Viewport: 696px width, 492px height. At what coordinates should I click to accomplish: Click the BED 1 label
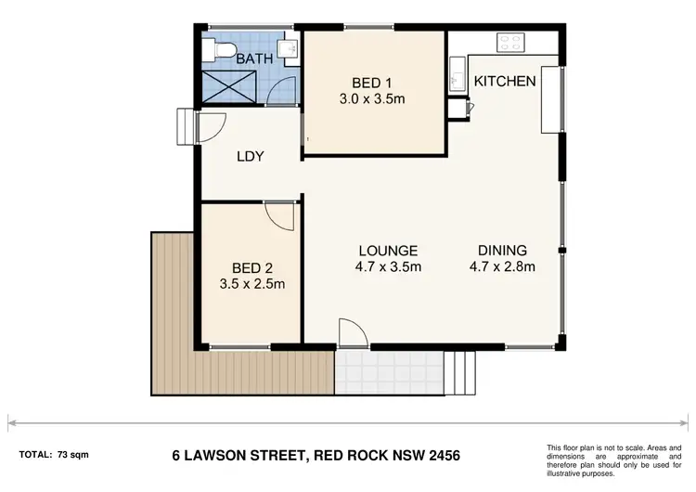coord(374,78)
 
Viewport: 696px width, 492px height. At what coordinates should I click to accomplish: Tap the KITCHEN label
coord(505,81)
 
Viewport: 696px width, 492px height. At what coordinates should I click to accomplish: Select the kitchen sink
coord(457,72)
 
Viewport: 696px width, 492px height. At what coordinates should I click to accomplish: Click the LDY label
coord(251,156)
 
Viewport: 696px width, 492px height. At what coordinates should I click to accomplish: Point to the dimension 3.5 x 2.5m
coord(251,283)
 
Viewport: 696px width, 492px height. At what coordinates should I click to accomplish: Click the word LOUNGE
coord(389,251)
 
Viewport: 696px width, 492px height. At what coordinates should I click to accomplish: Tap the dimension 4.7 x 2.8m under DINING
coord(502,267)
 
